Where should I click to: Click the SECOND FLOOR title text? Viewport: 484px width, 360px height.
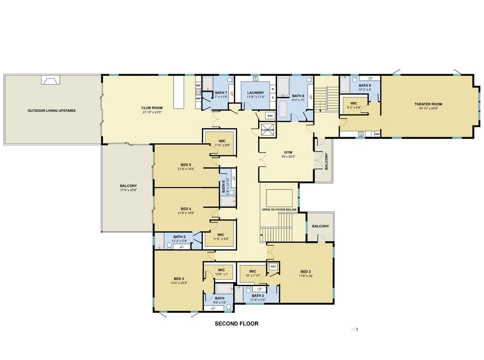coord(237,324)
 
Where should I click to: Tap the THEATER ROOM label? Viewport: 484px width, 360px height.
coord(428,104)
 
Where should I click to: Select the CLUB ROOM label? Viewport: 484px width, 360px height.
coord(152,108)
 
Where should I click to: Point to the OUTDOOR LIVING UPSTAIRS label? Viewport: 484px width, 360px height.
coord(52,111)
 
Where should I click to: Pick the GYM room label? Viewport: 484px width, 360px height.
coord(288,152)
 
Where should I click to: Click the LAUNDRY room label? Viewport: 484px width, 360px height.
coord(255,93)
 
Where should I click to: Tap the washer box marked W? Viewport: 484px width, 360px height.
coord(273,89)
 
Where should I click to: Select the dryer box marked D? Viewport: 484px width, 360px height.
coord(273,98)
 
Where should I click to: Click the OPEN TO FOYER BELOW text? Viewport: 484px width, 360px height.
coord(279,210)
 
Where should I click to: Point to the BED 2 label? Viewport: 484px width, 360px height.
coord(305,272)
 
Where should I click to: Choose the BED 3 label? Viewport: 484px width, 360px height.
coord(179,279)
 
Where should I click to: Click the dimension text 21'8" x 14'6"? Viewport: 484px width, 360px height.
coord(186,169)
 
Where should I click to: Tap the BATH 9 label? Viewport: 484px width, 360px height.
coord(364,85)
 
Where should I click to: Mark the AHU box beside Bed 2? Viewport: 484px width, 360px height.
coord(273,266)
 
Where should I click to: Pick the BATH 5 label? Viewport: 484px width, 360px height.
coord(179,237)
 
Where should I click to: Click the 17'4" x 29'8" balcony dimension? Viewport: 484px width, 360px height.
coord(128,190)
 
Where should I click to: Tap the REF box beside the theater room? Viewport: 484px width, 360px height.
coord(377,134)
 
